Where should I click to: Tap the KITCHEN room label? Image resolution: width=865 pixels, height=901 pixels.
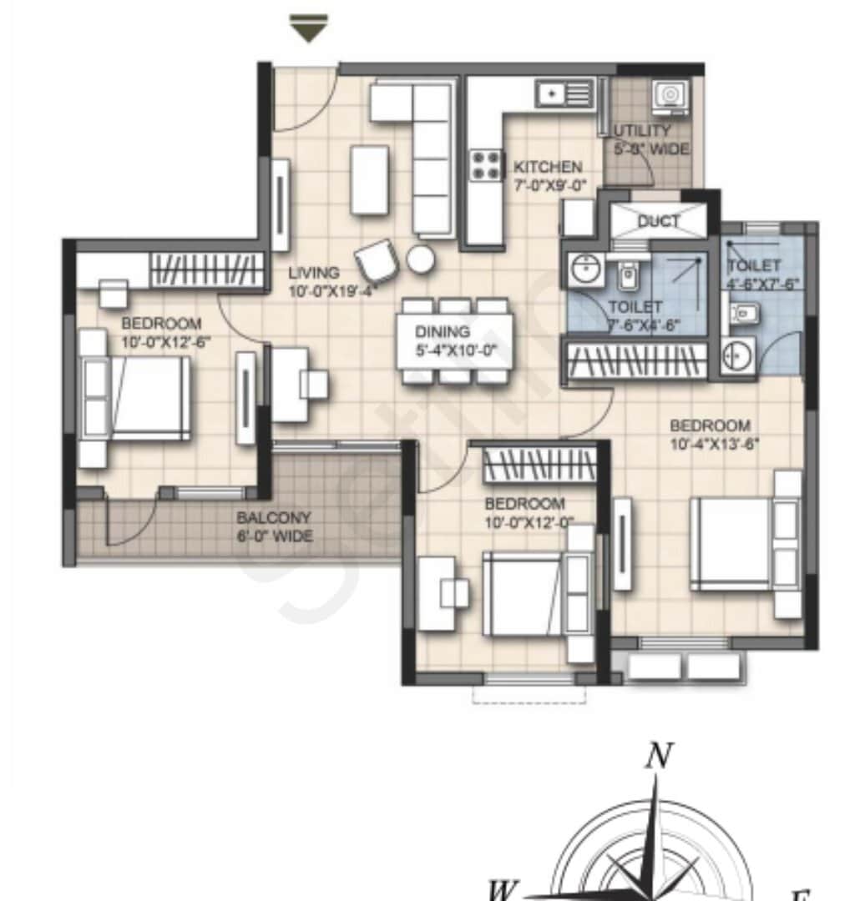pos(548,167)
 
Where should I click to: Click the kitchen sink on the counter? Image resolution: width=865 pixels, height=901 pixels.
pos(551,93)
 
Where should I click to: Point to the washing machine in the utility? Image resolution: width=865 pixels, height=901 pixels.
pos(671,97)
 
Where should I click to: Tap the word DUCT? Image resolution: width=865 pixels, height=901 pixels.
pos(659,222)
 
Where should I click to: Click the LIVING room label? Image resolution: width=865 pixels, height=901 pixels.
pos(315,273)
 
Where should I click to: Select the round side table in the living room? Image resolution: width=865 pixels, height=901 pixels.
pos(421,259)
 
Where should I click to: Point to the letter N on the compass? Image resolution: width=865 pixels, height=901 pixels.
pos(659,756)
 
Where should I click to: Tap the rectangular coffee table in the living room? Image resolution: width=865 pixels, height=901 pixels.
pos(369,179)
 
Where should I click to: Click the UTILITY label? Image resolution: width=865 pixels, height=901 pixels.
pos(642,131)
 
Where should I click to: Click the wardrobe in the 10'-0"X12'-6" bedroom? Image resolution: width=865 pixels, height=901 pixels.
pos(206,270)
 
